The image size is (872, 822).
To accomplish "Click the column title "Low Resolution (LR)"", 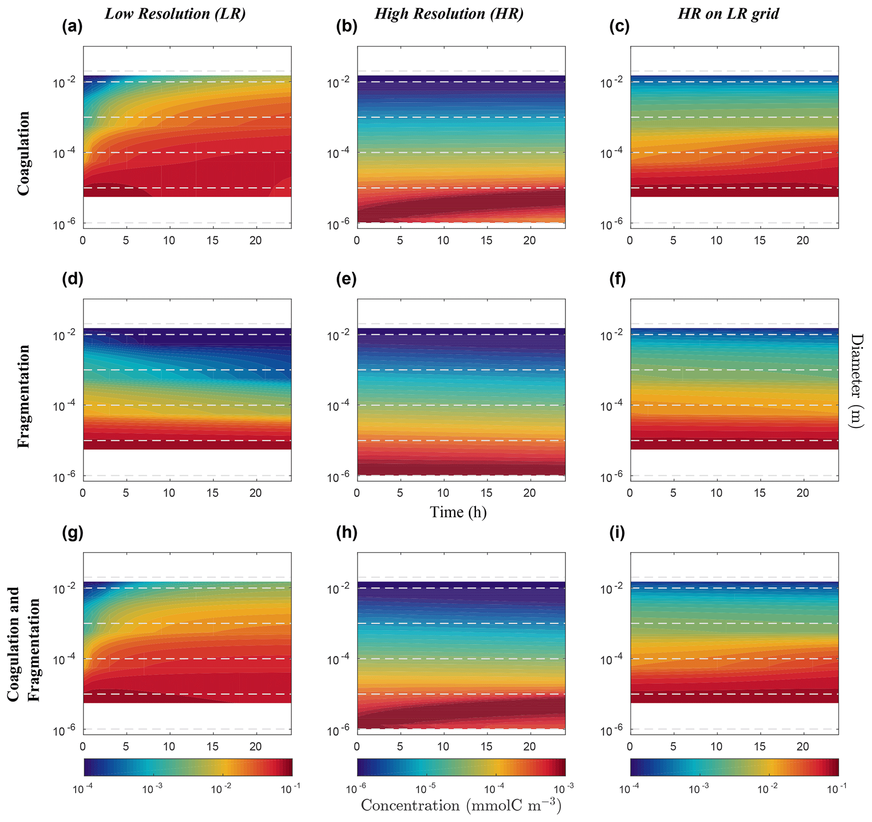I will click(x=175, y=14).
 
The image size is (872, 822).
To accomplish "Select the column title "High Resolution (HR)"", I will click(x=449, y=14).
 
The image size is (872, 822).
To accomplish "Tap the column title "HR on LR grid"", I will click(x=728, y=14).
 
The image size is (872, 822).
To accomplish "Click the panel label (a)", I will click(x=73, y=27).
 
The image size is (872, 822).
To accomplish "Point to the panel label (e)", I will click(x=346, y=279).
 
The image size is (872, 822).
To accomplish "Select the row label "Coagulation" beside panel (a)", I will click(x=23, y=153).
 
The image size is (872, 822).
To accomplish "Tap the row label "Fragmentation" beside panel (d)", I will click(x=23, y=396).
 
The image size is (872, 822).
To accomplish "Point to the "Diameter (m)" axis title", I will click(x=857, y=381).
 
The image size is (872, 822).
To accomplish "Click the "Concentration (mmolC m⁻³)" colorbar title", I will click(x=461, y=805).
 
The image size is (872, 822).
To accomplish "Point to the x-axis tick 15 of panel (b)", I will click(x=486, y=241).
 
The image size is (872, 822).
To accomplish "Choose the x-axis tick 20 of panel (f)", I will click(x=803, y=493).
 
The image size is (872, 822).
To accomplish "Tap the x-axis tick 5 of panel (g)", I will click(x=126, y=746).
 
